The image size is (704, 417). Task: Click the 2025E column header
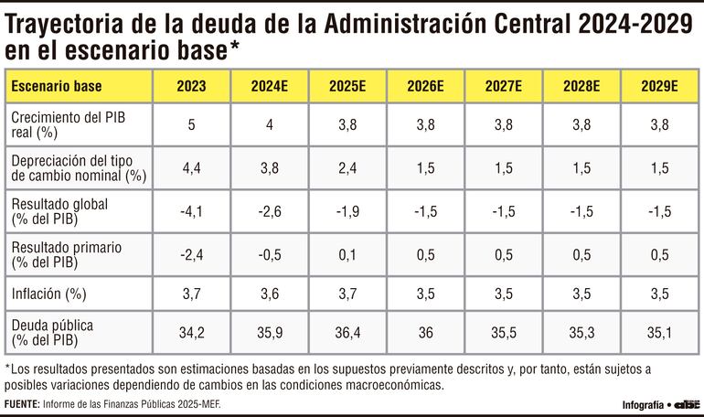[x=347, y=88]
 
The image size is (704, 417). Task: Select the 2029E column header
[x=658, y=88]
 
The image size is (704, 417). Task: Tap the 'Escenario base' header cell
[x=56, y=88]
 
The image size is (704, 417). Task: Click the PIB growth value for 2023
[x=192, y=125]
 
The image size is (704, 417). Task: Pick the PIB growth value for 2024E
[x=270, y=125]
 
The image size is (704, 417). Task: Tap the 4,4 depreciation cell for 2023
[x=192, y=168]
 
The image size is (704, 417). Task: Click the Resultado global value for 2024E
[x=270, y=211]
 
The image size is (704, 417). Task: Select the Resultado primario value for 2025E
[x=347, y=254]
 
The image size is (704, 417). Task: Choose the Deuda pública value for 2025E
[x=347, y=332]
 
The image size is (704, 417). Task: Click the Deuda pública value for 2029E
[x=658, y=332]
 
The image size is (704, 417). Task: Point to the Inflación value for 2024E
[x=270, y=294]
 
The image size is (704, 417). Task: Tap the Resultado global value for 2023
[x=192, y=211]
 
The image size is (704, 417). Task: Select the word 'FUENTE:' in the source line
[x=23, y=404]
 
